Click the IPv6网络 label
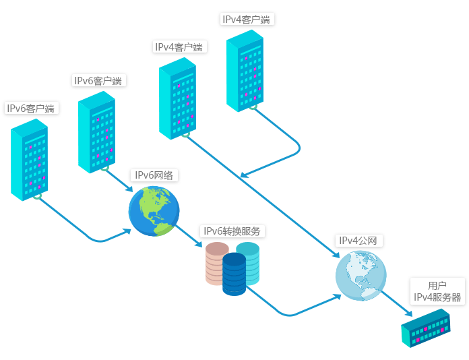tap(154, 175)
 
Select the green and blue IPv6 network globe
tap(154, 211)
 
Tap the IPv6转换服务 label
tap(232, 231)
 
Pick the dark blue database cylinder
tap(234, 274)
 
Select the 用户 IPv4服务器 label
tap(437, 291)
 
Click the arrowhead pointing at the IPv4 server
tap(408, 313)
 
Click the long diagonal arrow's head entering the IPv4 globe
tap(336, 256)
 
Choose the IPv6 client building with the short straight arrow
tap(96, 132)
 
